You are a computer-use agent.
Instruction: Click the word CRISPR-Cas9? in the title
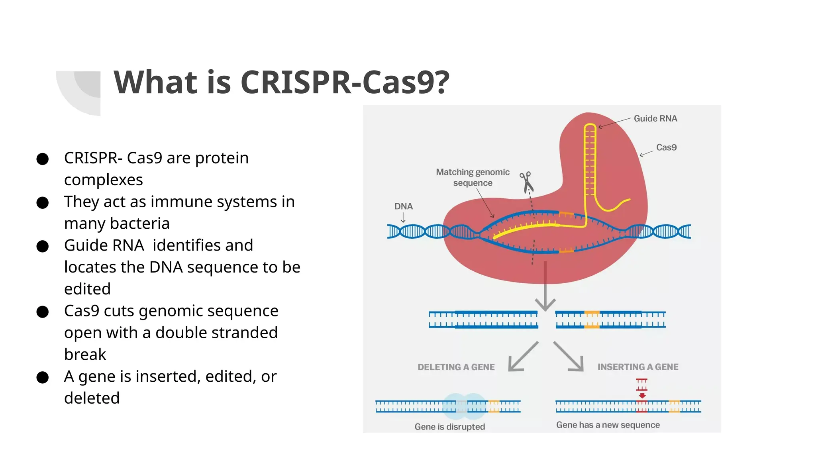coord(345,82)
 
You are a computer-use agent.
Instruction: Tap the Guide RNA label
coord(655,119)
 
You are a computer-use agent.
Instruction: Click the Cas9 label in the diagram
coord(666,147)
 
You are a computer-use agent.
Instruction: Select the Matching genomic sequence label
coord(473,177)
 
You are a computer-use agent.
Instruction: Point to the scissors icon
coord(526,182)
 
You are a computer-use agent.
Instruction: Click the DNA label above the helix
coord(403,206)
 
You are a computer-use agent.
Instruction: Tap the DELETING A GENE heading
coord(456,367)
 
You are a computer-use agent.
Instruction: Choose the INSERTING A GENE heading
coord(637,367)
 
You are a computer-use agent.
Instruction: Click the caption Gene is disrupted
coord(449,427)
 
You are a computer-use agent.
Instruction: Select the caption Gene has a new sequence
coord(608,425)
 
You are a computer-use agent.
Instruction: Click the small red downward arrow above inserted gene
coord(642,395)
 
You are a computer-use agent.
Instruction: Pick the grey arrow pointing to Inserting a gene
coord(570,357)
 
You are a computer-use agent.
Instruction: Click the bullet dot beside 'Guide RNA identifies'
coord(42,246)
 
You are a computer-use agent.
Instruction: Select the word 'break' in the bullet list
coord(85,355)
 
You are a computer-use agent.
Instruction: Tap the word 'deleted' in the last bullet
coord(92,398)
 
